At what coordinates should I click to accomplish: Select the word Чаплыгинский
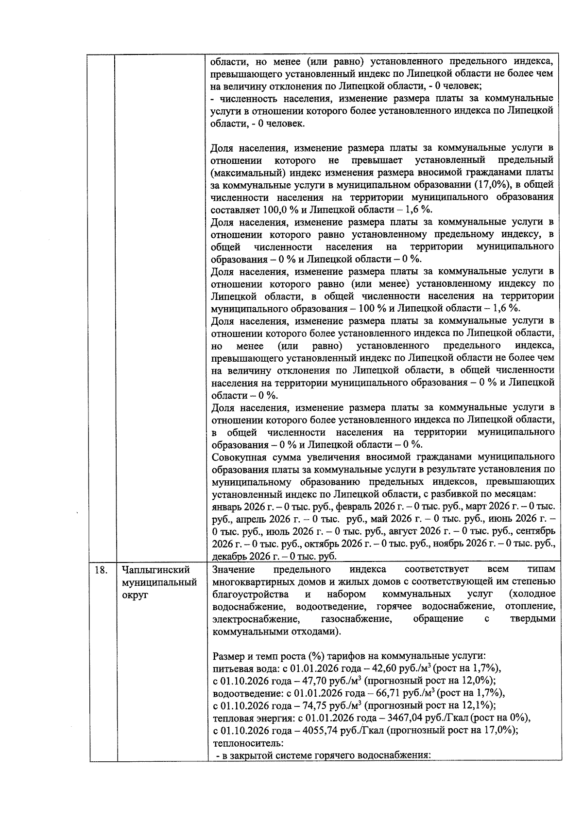click(x=156, y=570)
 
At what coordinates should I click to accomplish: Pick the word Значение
click(x=234, y=569)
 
